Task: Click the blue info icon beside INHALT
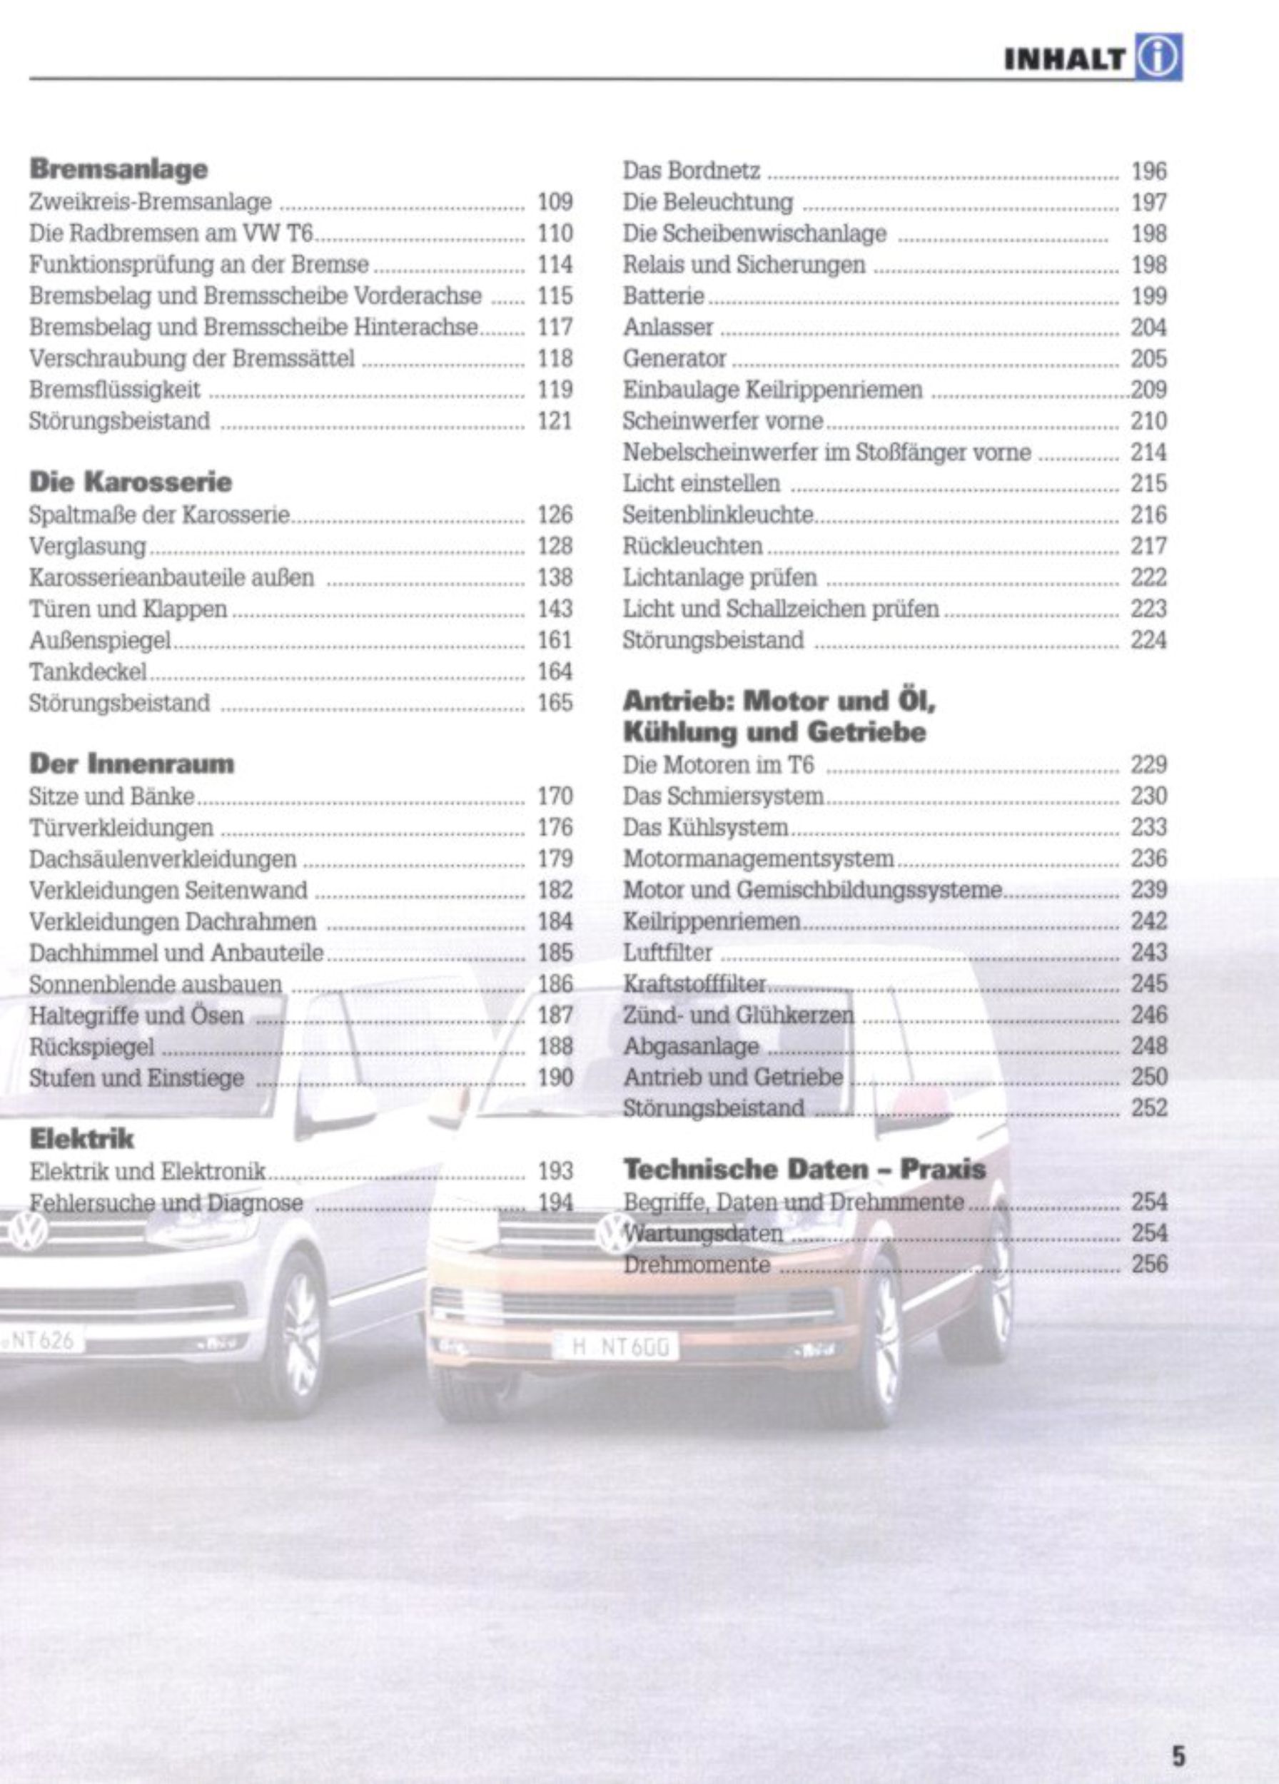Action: [1158, 57]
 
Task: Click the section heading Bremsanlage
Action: [118, 169]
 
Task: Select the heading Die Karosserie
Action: [131, 482]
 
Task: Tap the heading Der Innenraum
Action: [131, 764]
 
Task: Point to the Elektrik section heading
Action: [82, 1138]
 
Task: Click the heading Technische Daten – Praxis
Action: [804, 1170]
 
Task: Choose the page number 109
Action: [555, 202]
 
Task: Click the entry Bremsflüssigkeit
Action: [115, 390]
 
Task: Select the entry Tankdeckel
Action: [88, 671]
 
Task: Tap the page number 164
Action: [555, 671]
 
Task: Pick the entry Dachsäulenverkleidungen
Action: [163, 859]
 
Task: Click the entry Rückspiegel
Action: [92, 1047]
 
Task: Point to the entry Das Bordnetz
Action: [692, 171]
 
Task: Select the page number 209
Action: [1148, 390]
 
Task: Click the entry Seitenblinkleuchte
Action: [718, 515]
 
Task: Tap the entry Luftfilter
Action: [667, 953]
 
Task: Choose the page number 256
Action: [1148, 1264]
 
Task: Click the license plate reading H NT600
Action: [615, 1347]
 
